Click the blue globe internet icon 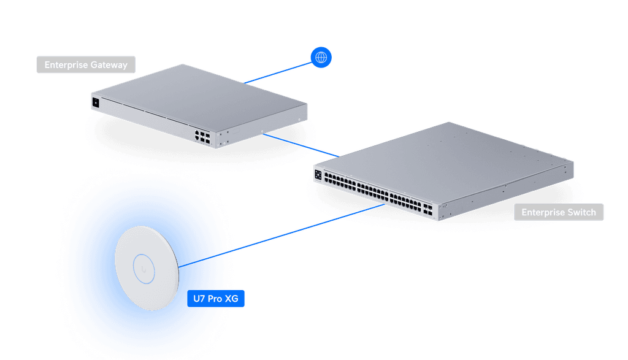tap(321, 58)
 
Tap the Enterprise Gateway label tap(86, 64)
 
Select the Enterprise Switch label tap(559, 212)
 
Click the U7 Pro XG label tap(216, 299)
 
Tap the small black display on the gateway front tap(96, 102)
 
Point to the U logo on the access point tap(146, 269)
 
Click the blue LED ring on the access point tap(146, 269)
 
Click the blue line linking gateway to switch tap(301, 144)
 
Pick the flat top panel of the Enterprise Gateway tap(196, 92)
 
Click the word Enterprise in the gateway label tap(65, 64)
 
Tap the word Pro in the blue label tap(215, 299)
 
